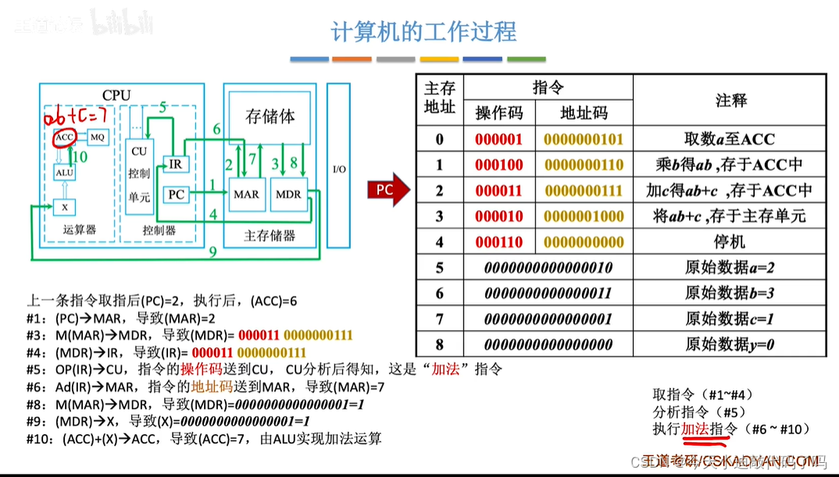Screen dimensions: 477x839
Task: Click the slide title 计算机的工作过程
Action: point(423,32)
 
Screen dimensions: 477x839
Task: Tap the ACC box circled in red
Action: point(63,137)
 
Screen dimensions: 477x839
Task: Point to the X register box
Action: point(64,207)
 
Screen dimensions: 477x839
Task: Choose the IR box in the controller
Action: point(175,164)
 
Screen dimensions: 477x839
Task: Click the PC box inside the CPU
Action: point(177,194)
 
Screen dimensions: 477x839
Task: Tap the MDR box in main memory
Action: point(288,194)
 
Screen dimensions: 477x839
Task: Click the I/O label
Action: point(338,169)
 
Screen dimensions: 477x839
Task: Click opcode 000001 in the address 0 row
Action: point(498,140)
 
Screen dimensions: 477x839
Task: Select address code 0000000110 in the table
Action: point(584,165)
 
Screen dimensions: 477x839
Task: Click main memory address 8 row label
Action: point(439,344)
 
